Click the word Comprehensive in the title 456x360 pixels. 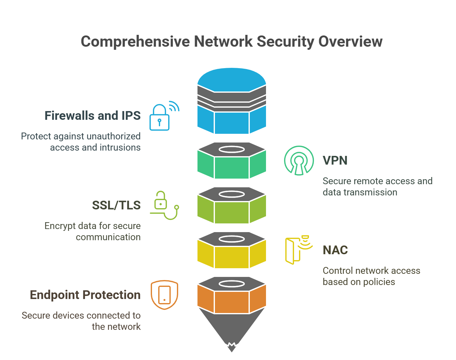[135, 42]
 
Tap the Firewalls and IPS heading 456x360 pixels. [93, 116]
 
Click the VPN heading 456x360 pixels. [335, 161]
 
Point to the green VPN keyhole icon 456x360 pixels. [299, 161]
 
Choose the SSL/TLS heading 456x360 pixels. [116, 205]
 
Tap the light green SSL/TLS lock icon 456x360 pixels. [163, 205]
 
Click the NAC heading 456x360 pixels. [335, 250]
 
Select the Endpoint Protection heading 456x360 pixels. [85, 295]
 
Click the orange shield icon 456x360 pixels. [164, 295]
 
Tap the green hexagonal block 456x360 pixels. [231, 167]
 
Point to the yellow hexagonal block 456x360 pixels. [231, 257]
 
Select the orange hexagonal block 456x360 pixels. [231, 302]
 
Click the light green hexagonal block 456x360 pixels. [231, 212]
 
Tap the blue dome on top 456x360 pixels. [231, 79]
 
